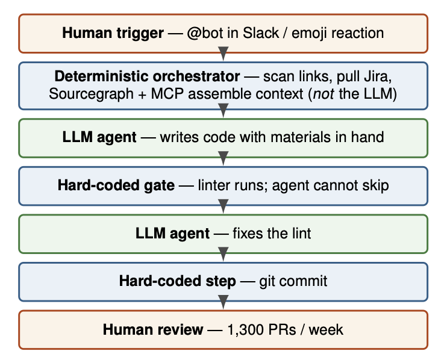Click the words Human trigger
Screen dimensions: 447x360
113,33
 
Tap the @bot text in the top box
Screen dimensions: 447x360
205,33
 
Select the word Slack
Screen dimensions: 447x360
261,33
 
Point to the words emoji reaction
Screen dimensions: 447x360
337,33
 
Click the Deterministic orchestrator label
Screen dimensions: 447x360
147,76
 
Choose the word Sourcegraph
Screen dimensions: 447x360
91,95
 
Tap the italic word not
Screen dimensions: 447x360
324,94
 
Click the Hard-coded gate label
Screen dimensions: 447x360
116,185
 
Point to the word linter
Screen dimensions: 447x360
214,185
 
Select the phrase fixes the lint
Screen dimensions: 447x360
272,233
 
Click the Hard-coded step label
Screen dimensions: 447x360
177,281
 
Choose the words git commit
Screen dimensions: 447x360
293,281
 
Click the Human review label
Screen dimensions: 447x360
153,329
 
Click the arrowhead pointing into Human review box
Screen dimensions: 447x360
223,302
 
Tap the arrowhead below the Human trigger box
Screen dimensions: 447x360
223,54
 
